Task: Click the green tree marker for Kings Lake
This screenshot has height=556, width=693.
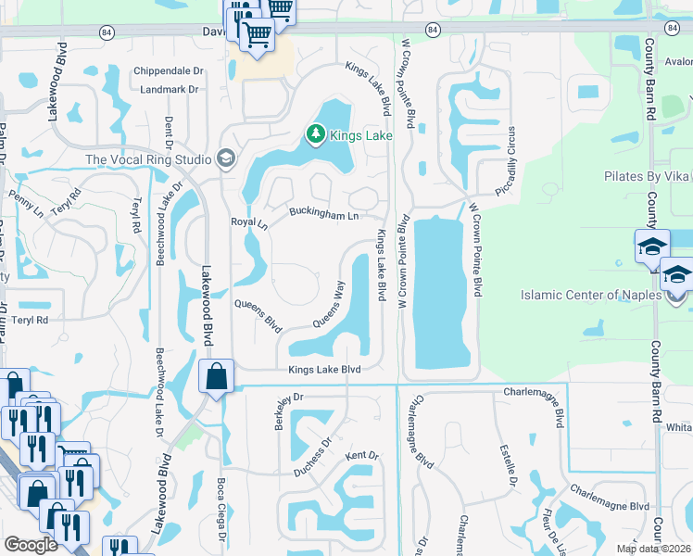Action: click(316, 135)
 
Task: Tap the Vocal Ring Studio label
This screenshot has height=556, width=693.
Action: click(148, 159)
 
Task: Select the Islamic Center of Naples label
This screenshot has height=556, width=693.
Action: click(592, 296)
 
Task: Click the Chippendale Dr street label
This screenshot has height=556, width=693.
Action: click(168, 70)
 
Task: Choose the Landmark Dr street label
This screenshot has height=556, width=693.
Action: click(170, 90)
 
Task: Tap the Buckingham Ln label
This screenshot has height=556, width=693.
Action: click(323, 216)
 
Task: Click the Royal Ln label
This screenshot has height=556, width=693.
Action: click(248, 223)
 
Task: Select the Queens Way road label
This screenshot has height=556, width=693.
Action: click(329, 305)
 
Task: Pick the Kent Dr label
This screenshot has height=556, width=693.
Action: click(362, 456)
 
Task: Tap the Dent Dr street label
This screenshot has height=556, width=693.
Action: click(169, 132)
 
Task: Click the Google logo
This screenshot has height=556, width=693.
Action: click(31, 545)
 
